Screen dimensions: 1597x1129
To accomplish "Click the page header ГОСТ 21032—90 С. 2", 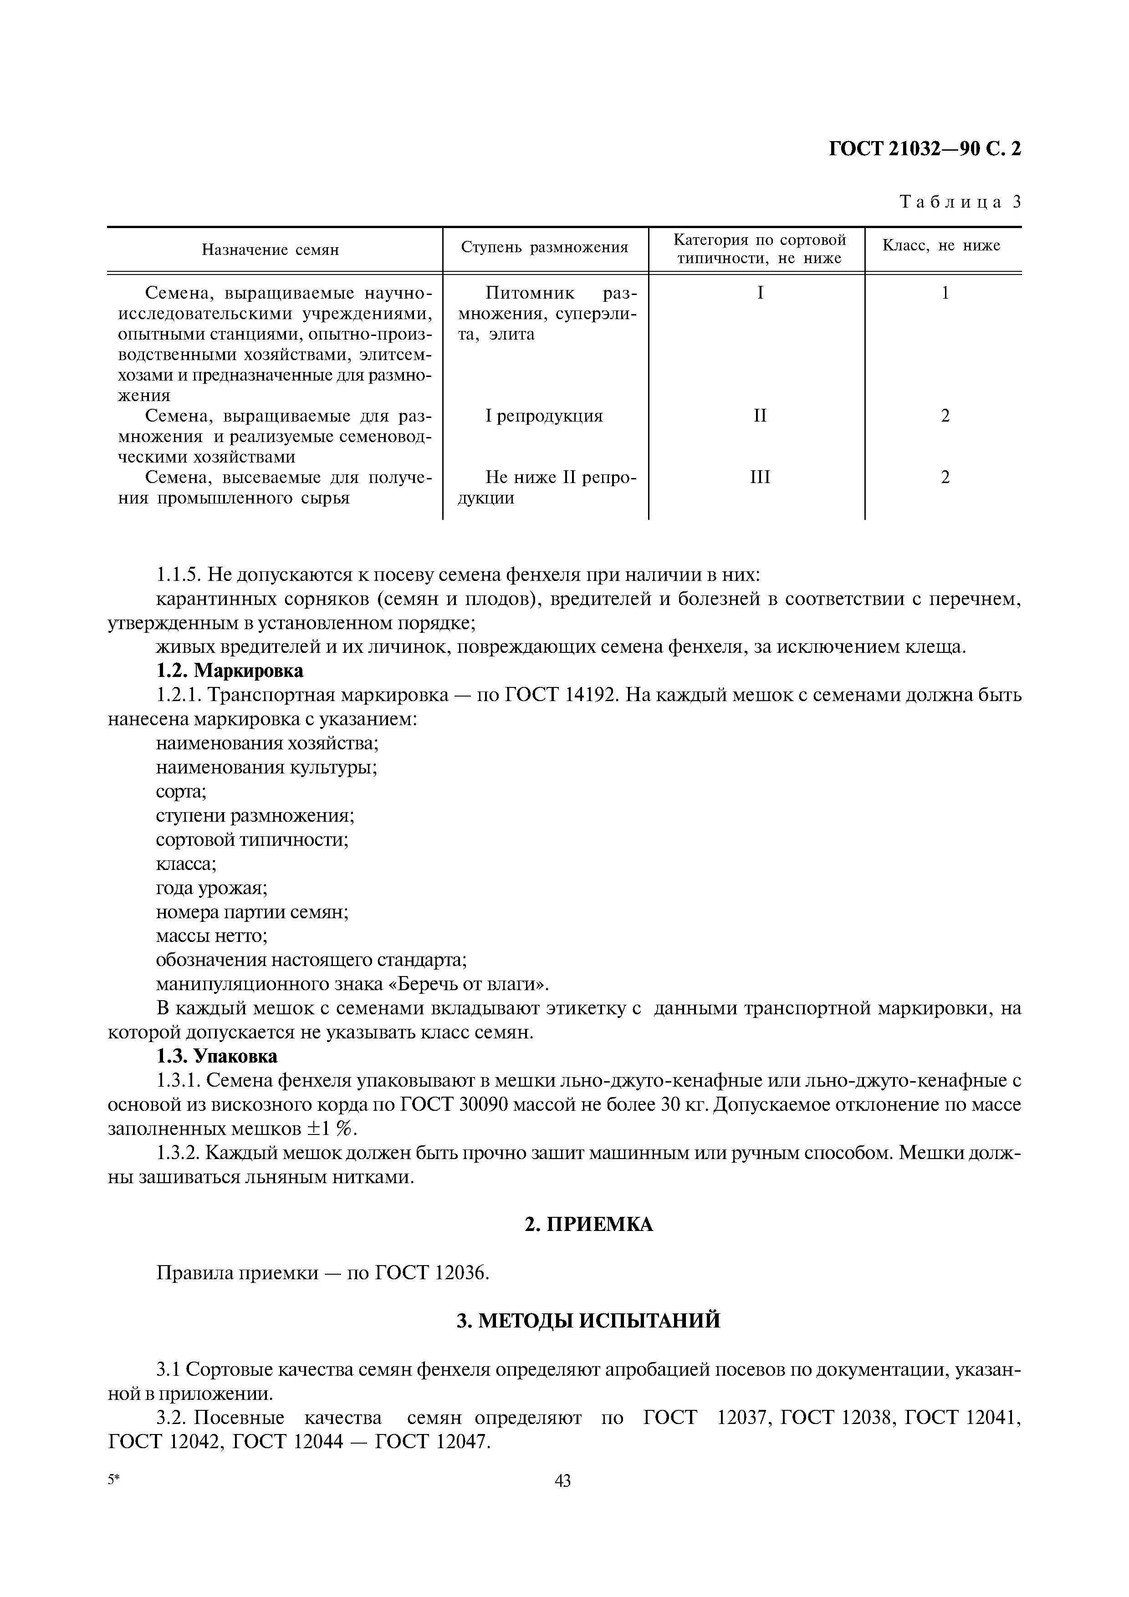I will tap(925, 149).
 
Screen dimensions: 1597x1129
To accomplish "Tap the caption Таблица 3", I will tap(960, 203).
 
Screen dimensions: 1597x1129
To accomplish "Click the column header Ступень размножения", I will tap(545, 247).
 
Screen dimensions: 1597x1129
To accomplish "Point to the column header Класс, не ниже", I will tap(941, 245).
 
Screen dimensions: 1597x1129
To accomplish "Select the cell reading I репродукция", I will tap(544, 416).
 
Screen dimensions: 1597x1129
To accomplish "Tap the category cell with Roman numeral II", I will tap(760, 416).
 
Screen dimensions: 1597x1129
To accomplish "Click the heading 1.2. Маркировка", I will tap(230, 671).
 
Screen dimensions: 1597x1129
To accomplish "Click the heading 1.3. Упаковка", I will tap(216, 1057).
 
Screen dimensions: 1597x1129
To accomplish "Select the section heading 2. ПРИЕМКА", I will tap(588, 1224).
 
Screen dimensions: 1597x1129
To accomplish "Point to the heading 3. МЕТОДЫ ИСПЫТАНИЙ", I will tap(588, 1320).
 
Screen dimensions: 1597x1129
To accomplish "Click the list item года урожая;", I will tap(211, 888).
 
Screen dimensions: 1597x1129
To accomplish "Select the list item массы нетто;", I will tap(211, 936).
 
